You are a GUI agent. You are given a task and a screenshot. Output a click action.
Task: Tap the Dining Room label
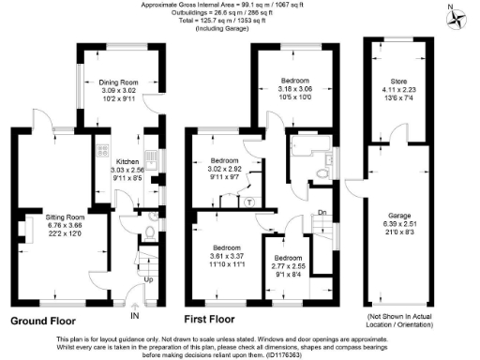tap(118, 82)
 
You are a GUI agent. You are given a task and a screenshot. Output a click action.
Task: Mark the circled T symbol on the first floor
tap(248, 202)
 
